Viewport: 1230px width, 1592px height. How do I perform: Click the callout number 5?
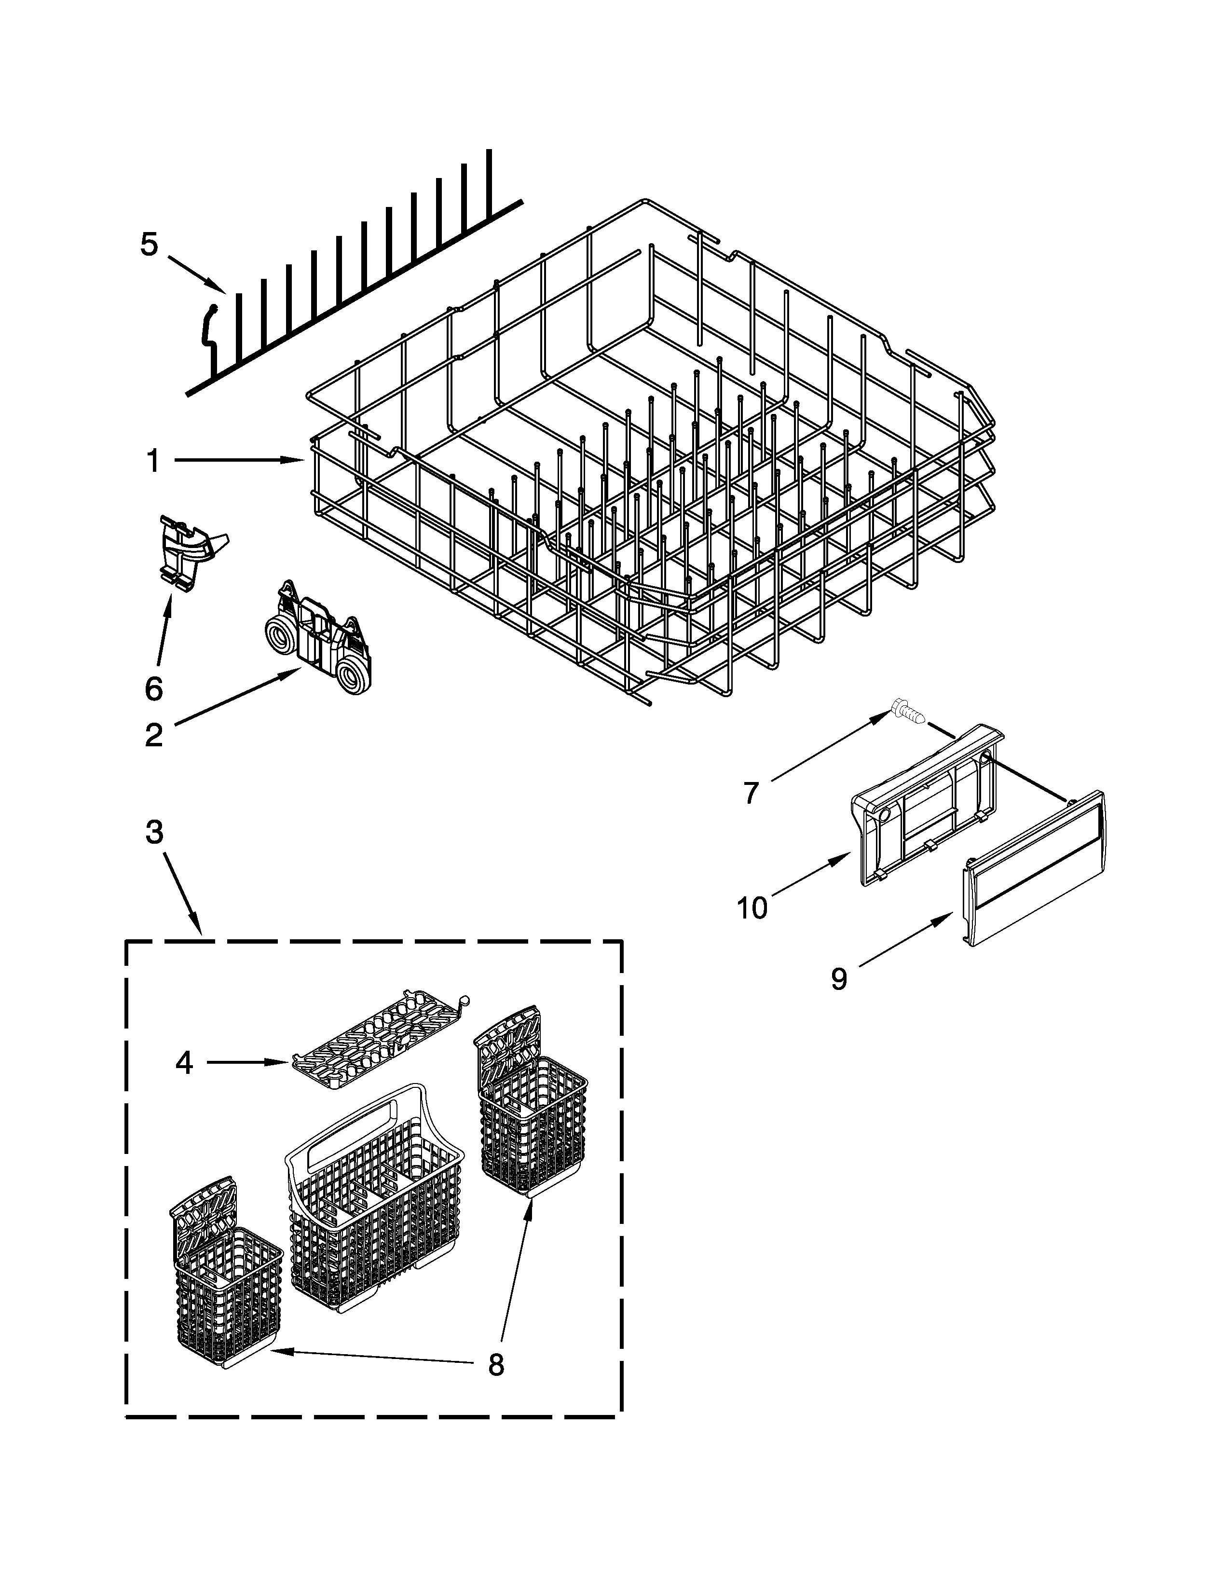pos(149,245)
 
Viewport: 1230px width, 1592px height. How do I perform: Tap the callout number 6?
pos(154,688)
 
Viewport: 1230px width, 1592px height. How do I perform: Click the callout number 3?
pos(154,831)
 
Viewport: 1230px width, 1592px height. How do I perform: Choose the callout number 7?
pos(751,792)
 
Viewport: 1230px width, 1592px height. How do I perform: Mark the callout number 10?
pos(752,908)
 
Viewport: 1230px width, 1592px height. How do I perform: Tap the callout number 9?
pos(839,979)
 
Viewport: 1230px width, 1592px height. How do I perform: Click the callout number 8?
pos(495,1365)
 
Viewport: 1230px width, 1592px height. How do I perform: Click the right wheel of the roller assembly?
pos(355,669)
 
